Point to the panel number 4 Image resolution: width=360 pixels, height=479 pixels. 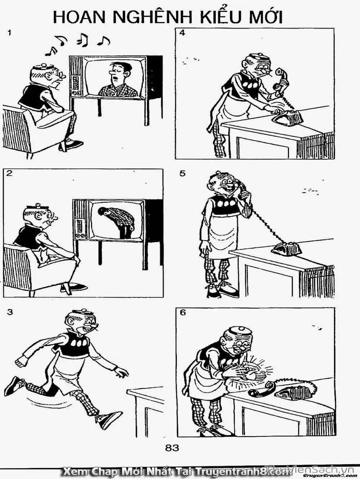pos(182,34)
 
